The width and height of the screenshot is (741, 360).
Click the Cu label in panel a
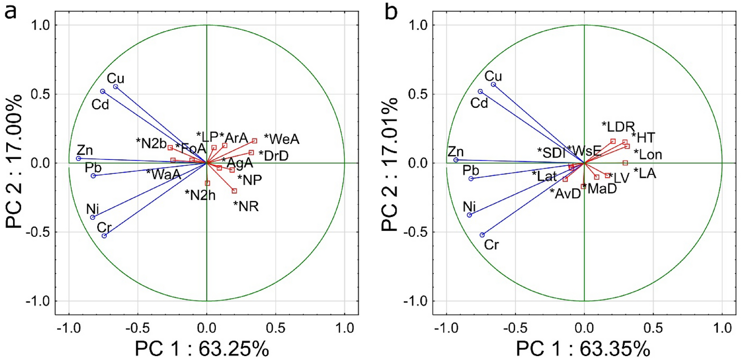point(115,78)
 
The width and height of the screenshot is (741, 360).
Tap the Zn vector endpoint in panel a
point(79,158)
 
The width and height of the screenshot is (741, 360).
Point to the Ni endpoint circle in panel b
point(469,215)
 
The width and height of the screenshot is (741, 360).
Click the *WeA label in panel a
point(282,139)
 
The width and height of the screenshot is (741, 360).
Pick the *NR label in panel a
point(246,207)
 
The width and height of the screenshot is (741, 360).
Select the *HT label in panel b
point(643,138)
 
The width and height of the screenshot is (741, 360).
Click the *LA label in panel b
point(644,173)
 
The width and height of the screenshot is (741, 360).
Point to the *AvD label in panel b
point(565,193)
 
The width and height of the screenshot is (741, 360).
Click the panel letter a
point(11,11)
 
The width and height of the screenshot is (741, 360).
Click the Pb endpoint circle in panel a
point(93,176)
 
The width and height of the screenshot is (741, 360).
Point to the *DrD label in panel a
point(274,156)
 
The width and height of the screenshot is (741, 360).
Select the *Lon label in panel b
point(647,155)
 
